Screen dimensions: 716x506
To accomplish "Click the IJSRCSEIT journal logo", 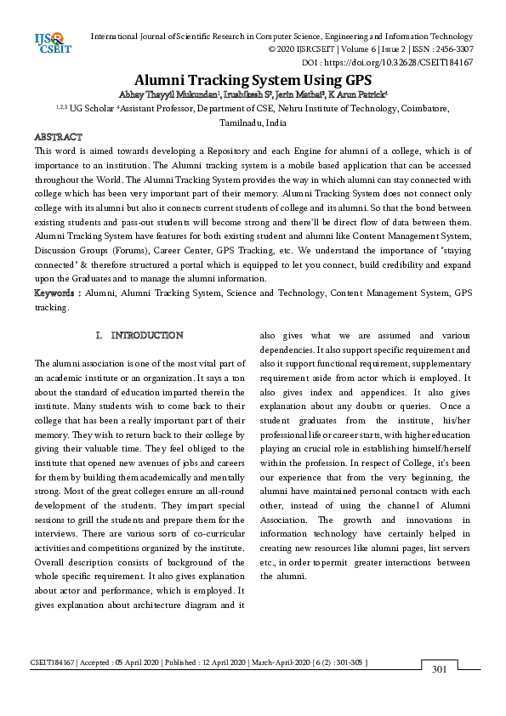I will coord(49,42).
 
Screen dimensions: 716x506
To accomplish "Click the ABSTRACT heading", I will coord(58,137).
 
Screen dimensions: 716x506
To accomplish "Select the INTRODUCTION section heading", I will coord(146,336).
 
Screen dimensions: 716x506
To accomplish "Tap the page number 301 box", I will coord(439,669).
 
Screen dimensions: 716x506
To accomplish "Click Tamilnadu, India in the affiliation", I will coord(253,122).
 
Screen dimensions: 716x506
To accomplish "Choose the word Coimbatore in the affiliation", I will coord(418,109).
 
